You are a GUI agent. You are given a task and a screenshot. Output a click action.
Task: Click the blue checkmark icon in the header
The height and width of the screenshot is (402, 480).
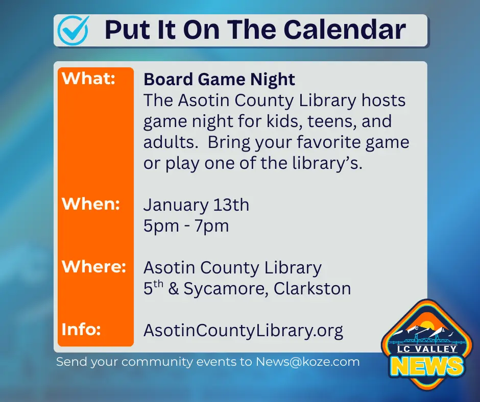[73, 30]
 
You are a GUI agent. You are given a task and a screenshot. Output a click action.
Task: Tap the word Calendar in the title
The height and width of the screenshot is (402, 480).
[345, 30]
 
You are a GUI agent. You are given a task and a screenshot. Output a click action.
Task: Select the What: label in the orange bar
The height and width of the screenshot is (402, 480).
[88, 79]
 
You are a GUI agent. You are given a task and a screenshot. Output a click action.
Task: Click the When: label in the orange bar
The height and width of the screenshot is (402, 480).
[90, 204]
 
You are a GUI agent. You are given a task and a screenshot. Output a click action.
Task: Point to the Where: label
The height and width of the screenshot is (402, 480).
[94, 266]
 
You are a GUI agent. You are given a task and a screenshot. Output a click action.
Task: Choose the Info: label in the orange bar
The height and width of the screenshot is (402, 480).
[81, 329]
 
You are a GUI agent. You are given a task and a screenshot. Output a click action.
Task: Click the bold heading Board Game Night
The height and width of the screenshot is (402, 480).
[219, 80]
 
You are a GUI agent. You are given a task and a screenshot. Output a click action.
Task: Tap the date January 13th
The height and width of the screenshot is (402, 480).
[196, 205]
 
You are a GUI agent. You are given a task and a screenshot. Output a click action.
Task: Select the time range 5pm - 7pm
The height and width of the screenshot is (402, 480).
[186, 225]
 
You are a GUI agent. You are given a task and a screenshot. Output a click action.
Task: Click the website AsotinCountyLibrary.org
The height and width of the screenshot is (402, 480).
[243, 330]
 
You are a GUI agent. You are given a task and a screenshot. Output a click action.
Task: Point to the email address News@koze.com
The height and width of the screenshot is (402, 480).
[308, 362]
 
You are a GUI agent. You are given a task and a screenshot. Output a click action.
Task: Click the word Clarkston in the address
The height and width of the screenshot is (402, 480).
[313, 289]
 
